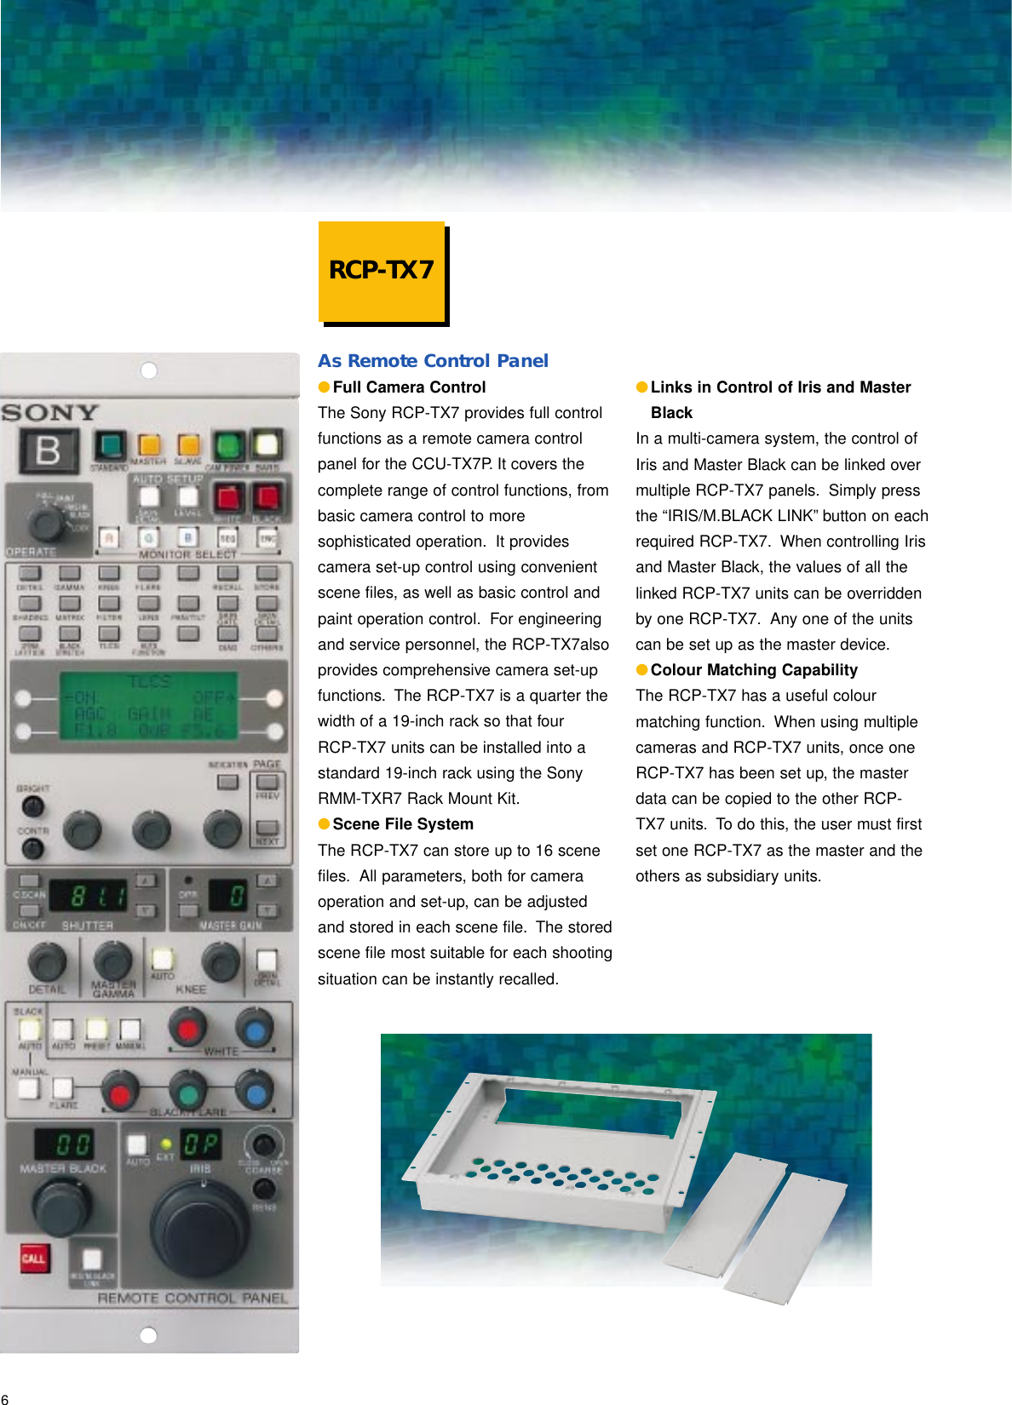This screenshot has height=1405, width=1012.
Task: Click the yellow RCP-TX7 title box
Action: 382,271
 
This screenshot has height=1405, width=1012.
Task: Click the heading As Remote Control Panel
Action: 433,360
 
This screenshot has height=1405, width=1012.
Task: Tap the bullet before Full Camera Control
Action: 324,387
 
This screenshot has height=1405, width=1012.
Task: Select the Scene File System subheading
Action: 402,823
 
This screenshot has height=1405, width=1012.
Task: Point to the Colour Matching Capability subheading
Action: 753,669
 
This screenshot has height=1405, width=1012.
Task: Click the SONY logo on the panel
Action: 50,413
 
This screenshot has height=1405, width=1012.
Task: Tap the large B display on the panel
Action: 49,450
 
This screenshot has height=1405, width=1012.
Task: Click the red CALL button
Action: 33,1258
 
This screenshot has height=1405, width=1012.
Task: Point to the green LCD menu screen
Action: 148,705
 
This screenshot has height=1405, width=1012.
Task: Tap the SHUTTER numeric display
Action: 88,895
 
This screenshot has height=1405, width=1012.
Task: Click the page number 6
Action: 5,1398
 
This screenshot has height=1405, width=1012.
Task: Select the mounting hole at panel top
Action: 148,370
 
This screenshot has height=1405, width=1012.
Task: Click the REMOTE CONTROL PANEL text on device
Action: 193,1298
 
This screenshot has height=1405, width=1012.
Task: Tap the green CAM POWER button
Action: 227,445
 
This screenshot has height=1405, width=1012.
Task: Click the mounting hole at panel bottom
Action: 148,1334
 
